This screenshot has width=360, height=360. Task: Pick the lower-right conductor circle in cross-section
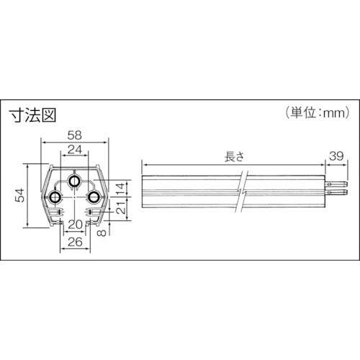point(94,197)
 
